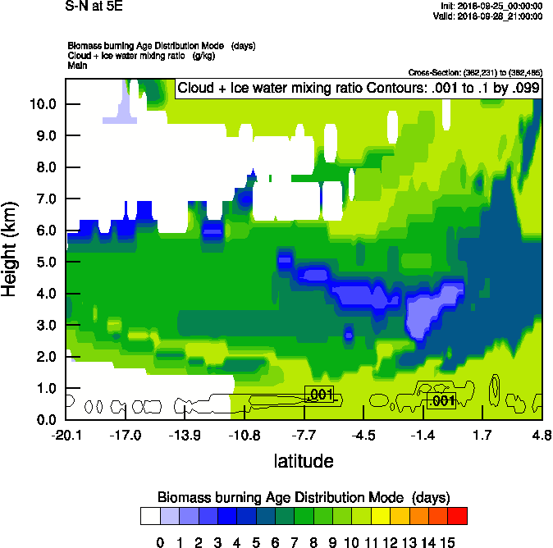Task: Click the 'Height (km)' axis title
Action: [x=11, y=249]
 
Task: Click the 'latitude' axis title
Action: [x=304, y=461]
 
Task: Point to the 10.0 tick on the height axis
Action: [x=43, y=104]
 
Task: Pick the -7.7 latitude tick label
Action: [x=304, y=435]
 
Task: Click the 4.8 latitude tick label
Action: [x=542, y=435]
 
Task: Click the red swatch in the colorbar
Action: [x=458, y=516]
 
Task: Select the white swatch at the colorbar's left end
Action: [x=150, y=516]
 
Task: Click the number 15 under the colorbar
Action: [x=448, y=542]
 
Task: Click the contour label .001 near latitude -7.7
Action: [x=320, y=395]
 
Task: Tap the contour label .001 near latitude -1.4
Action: [x=442, y=400]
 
